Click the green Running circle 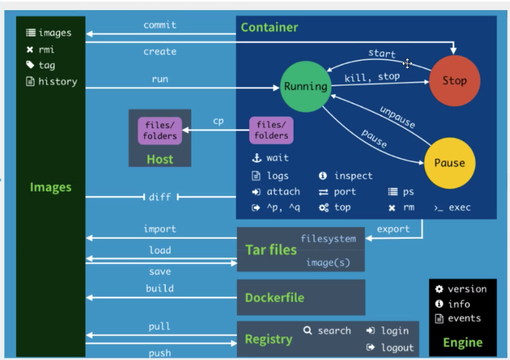point(305,86)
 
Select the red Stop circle point(454,81)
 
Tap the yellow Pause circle point(449,162)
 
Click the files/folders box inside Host point(160,131)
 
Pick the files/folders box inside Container point(272,130)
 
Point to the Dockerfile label point(274,297)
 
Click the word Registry point(268,339)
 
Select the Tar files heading point(271,249)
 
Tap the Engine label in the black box point(462,342)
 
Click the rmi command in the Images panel point(46,49)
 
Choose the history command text point(57,82)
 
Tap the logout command point(397,347)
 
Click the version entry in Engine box point(466,289)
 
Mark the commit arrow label point(160,25)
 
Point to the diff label point(160,197)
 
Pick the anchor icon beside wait point(256,158)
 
